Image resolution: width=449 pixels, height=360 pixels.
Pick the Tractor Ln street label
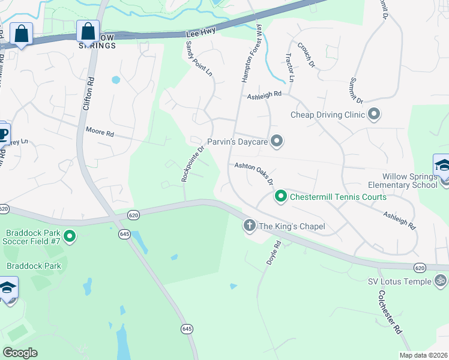click(x=290, y=67)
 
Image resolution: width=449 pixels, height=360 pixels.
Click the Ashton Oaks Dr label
click(x=254, y=173)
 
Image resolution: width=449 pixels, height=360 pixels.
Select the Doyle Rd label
click(x=271, y=254)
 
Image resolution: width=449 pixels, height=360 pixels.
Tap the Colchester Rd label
click(x=390, y=312)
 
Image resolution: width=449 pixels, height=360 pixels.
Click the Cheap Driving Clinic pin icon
click(x=375, y=114)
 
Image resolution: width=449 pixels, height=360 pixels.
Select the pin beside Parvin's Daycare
click(x=277, y=142)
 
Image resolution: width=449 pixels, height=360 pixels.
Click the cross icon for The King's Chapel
click(x=250, y=226)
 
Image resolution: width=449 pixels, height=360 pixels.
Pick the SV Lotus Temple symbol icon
click(x=441, y=281)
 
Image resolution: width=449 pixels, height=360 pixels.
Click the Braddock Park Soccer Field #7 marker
click(x=70, y=236)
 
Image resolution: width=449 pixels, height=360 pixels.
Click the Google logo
click(x=20, y=352)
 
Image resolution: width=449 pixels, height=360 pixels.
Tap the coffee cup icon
click(x=3, y=133)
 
